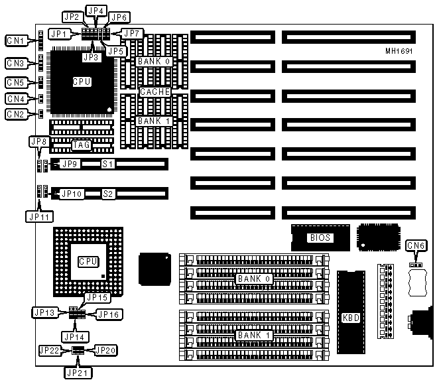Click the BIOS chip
(x=320, y=237)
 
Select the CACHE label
(x=155, y=92)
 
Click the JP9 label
(x=70, y=163)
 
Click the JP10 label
(x=72, y=194)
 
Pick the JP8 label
(x=38, y=141)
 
